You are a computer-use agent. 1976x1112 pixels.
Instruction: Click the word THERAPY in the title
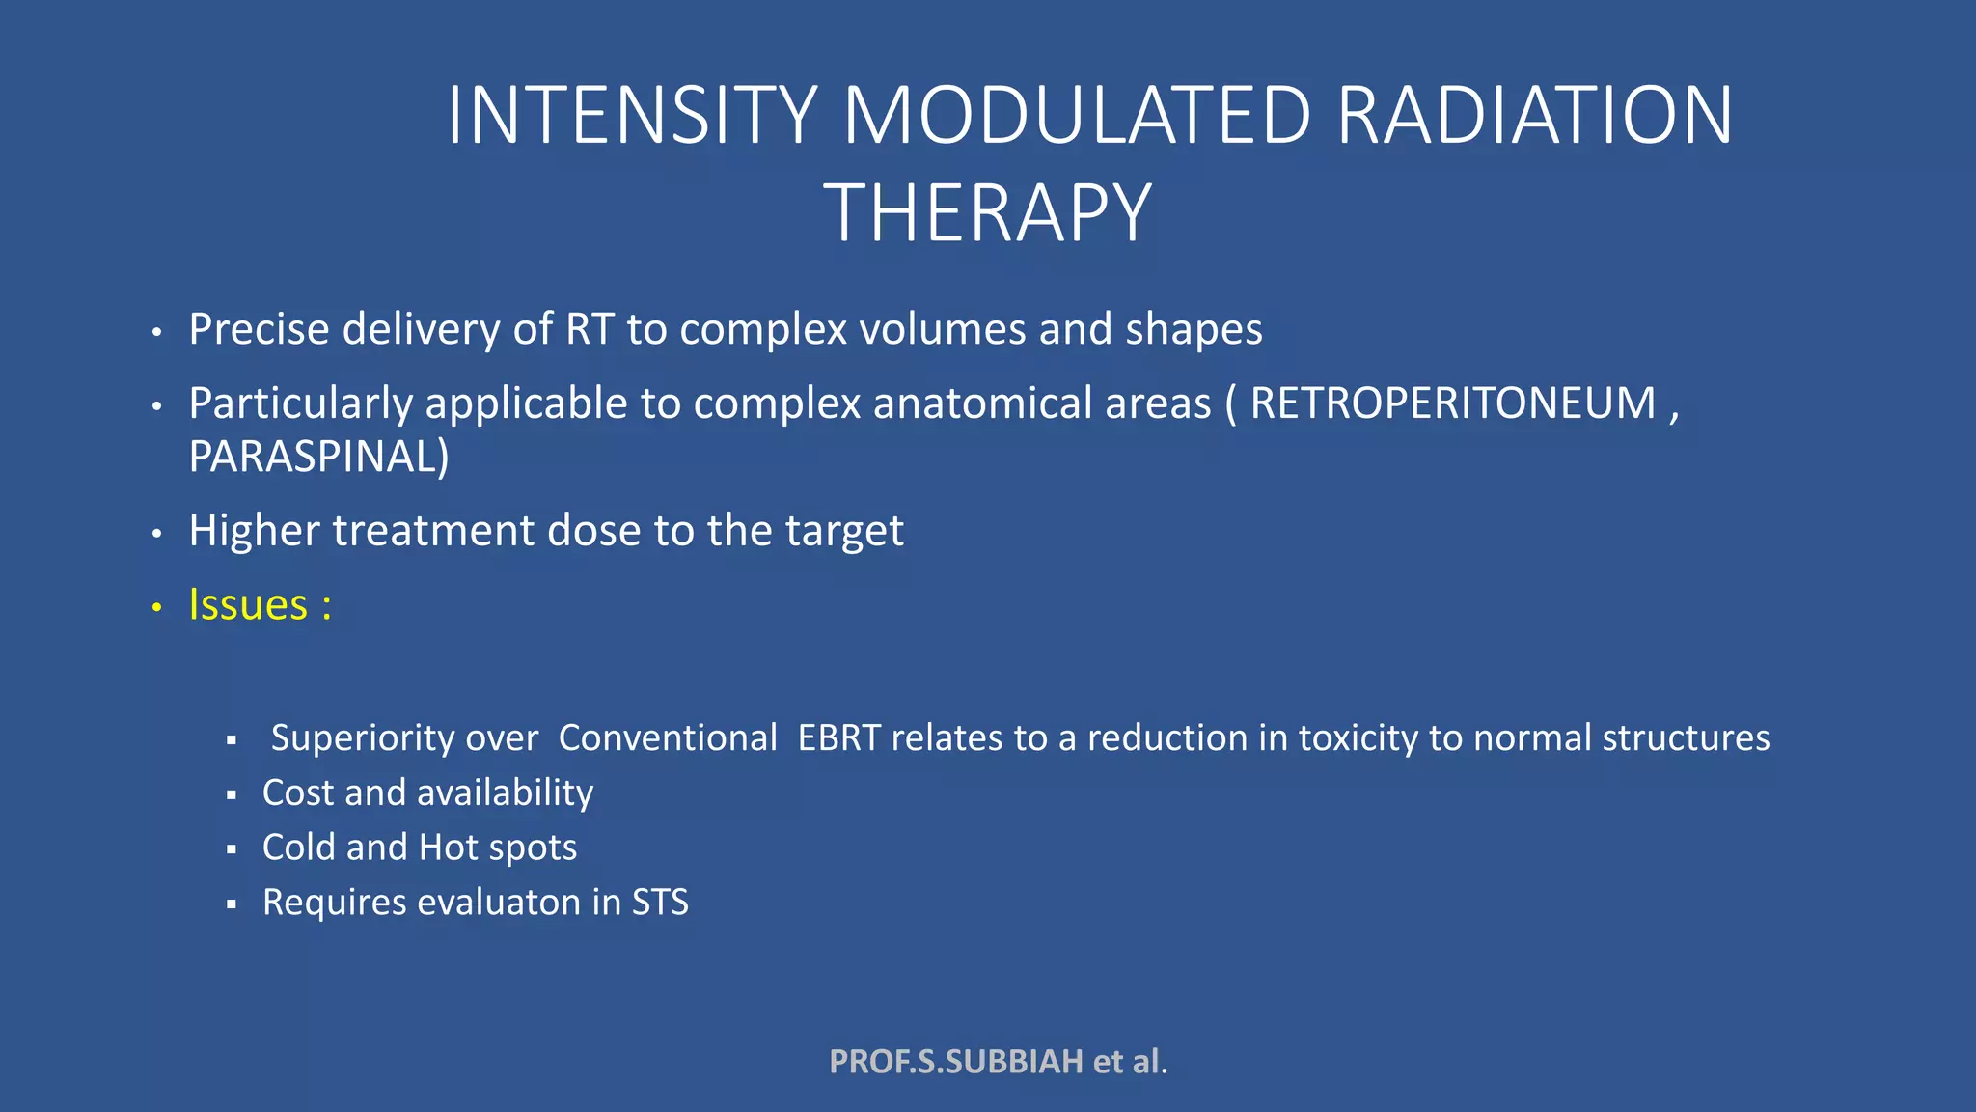tap(987, 213)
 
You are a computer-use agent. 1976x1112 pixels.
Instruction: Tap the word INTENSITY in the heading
tap(632, 116)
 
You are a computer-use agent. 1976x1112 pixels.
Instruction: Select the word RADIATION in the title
tap(1534, 116)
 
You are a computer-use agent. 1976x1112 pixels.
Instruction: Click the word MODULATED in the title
tap(1077, 116)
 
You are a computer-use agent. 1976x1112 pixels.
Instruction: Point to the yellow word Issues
tap(248, 605)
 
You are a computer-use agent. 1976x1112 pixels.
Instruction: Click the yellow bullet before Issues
tap(157, 608)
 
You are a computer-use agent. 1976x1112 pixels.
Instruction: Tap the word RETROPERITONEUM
tap(1452, 403)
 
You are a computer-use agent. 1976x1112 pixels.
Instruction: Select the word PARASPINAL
tap(314, 457)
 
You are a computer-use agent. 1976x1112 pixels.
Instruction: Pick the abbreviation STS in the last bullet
tap(660, 903)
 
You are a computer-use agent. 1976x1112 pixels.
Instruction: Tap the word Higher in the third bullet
tap(254, 531)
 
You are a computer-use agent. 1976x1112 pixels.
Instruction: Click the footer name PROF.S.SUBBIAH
tap(956, 1062)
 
